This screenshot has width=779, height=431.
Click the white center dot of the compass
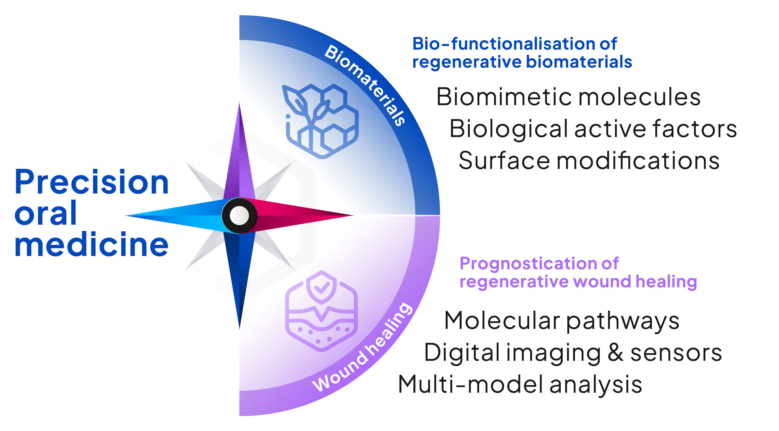239,215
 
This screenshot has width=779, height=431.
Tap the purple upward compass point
239,157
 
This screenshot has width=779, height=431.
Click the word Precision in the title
91,182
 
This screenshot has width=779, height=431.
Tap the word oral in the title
45,213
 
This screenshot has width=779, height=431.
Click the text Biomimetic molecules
568,97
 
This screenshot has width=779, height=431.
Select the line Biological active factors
593,129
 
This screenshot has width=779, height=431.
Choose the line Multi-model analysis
520,385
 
